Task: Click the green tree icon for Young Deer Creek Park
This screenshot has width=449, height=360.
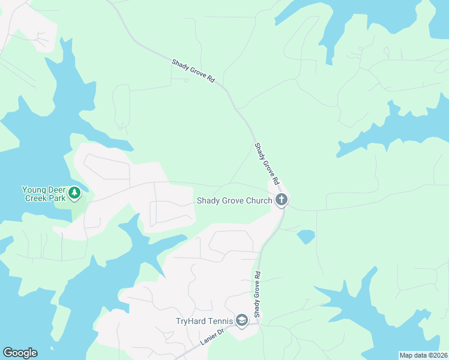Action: tap(74, 193)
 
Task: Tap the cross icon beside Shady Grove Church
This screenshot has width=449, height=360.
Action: tap(282, 200)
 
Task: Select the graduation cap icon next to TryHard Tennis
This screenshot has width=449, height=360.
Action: tap(242, 321)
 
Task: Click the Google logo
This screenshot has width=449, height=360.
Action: tap(20, 353)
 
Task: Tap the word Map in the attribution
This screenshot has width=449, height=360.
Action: tap(406, 355)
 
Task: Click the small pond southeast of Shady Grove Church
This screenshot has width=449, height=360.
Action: tap(306, 236)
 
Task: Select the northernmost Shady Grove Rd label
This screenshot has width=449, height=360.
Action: tap(193, 70)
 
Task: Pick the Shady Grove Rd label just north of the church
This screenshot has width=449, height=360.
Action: tap(267, 163)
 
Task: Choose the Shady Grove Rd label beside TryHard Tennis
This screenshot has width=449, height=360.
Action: tap(257, 295)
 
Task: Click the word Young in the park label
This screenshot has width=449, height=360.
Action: tap(34, 189)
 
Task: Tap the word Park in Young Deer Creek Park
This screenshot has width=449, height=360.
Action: tap(56, 197)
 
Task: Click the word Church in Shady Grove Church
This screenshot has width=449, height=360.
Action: tap(259, 200)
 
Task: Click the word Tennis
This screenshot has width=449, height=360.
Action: tap(221, 321)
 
